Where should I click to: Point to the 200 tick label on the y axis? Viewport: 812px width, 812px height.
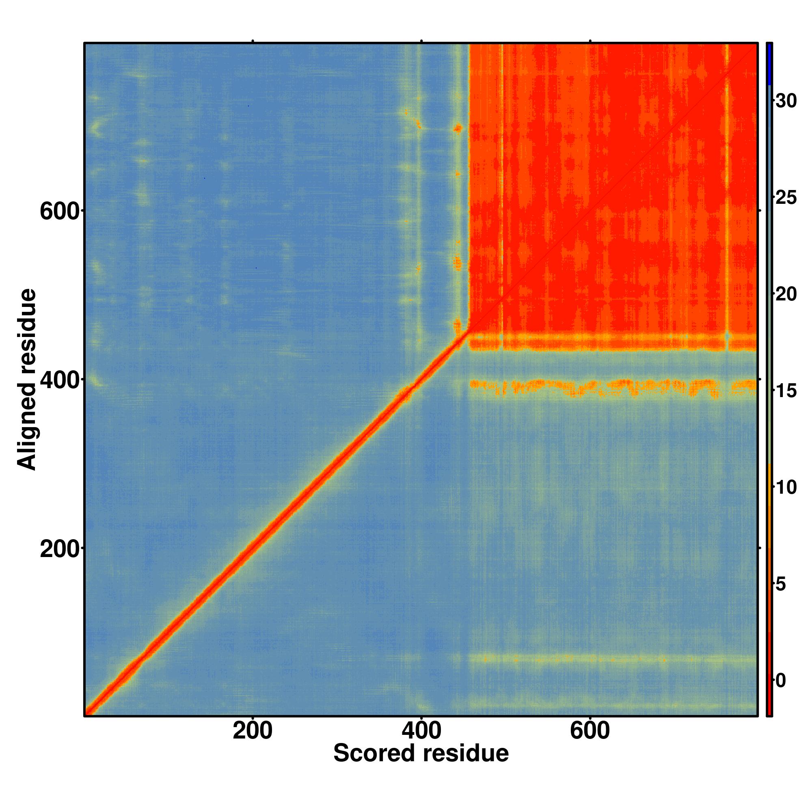click(x=59, y=549)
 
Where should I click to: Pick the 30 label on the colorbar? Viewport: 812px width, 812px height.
click(x=786, y=101)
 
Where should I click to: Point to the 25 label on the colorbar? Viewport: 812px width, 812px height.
click(x=786, y=198)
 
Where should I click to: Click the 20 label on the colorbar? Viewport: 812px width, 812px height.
click(x=786, y=294)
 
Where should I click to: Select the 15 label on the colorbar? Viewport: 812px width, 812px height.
click(x=786, y=391)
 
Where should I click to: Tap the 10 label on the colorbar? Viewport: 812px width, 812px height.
click(x=786, y=488)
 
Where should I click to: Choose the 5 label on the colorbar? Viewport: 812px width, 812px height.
click(x=781, y=584)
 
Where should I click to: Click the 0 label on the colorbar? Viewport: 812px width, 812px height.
click(x=781, y=680)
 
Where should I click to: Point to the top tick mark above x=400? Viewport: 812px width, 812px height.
click(x=421, y=41)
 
